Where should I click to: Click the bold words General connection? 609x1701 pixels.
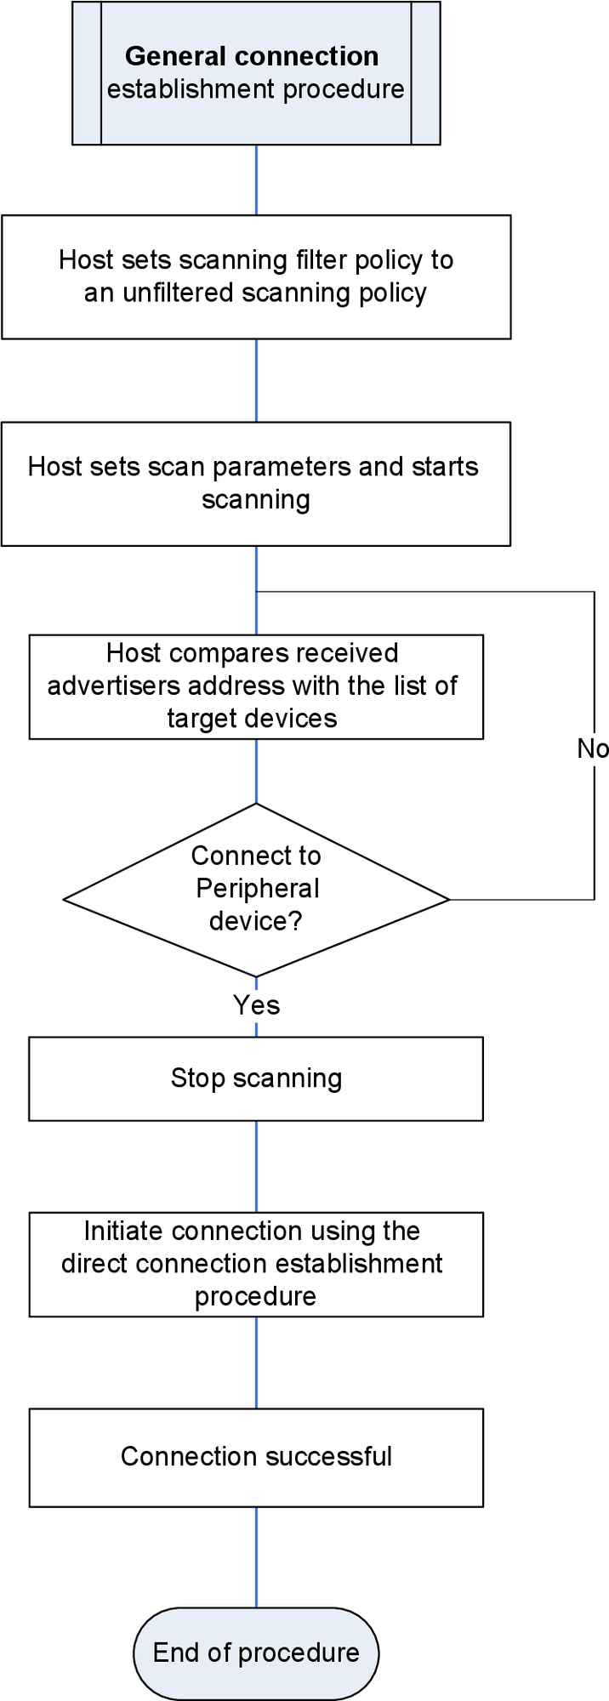[252, 56]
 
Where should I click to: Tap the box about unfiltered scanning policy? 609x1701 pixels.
[256, 276]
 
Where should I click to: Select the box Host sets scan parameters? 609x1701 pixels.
[256, 483]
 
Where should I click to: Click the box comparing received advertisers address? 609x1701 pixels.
[256, 686]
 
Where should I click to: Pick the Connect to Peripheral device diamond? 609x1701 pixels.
[256, 890]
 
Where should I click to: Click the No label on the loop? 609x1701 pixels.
[593, 748]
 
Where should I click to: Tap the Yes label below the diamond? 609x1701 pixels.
[256, 1005]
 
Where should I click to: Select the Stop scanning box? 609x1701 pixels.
[256, 1078]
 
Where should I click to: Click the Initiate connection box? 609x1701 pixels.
[256, 1264]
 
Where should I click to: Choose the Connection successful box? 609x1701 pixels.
[256, 1457]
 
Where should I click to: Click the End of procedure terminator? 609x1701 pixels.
[256, 1653]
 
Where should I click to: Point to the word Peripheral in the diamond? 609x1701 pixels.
[257, 889]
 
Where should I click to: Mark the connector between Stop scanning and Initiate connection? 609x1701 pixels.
[256, 1166]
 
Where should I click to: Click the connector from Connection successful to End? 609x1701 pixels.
[256, 1556]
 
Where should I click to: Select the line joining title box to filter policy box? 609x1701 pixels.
[256, 179]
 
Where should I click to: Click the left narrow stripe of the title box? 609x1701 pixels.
[87, 73]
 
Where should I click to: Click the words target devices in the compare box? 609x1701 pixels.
[252, 719]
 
